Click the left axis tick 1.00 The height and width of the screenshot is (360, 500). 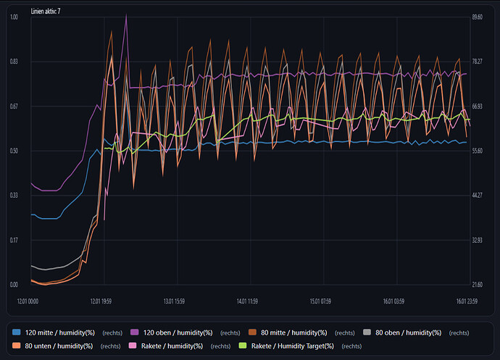pos(14,17)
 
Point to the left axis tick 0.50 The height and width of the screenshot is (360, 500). pos(14,151)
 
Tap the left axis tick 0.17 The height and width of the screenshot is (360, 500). pos(14,240)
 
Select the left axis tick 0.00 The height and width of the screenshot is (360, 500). pos(14,284)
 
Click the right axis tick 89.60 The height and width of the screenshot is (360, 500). pos(477,17)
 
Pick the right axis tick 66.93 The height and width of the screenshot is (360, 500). pos(477,106)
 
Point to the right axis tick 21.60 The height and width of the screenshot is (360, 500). pos(477,284)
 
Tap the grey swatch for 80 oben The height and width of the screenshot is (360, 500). pos(367,332)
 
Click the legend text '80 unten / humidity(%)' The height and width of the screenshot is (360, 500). pos(59,346)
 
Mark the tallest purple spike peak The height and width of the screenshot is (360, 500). pos(126,14)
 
